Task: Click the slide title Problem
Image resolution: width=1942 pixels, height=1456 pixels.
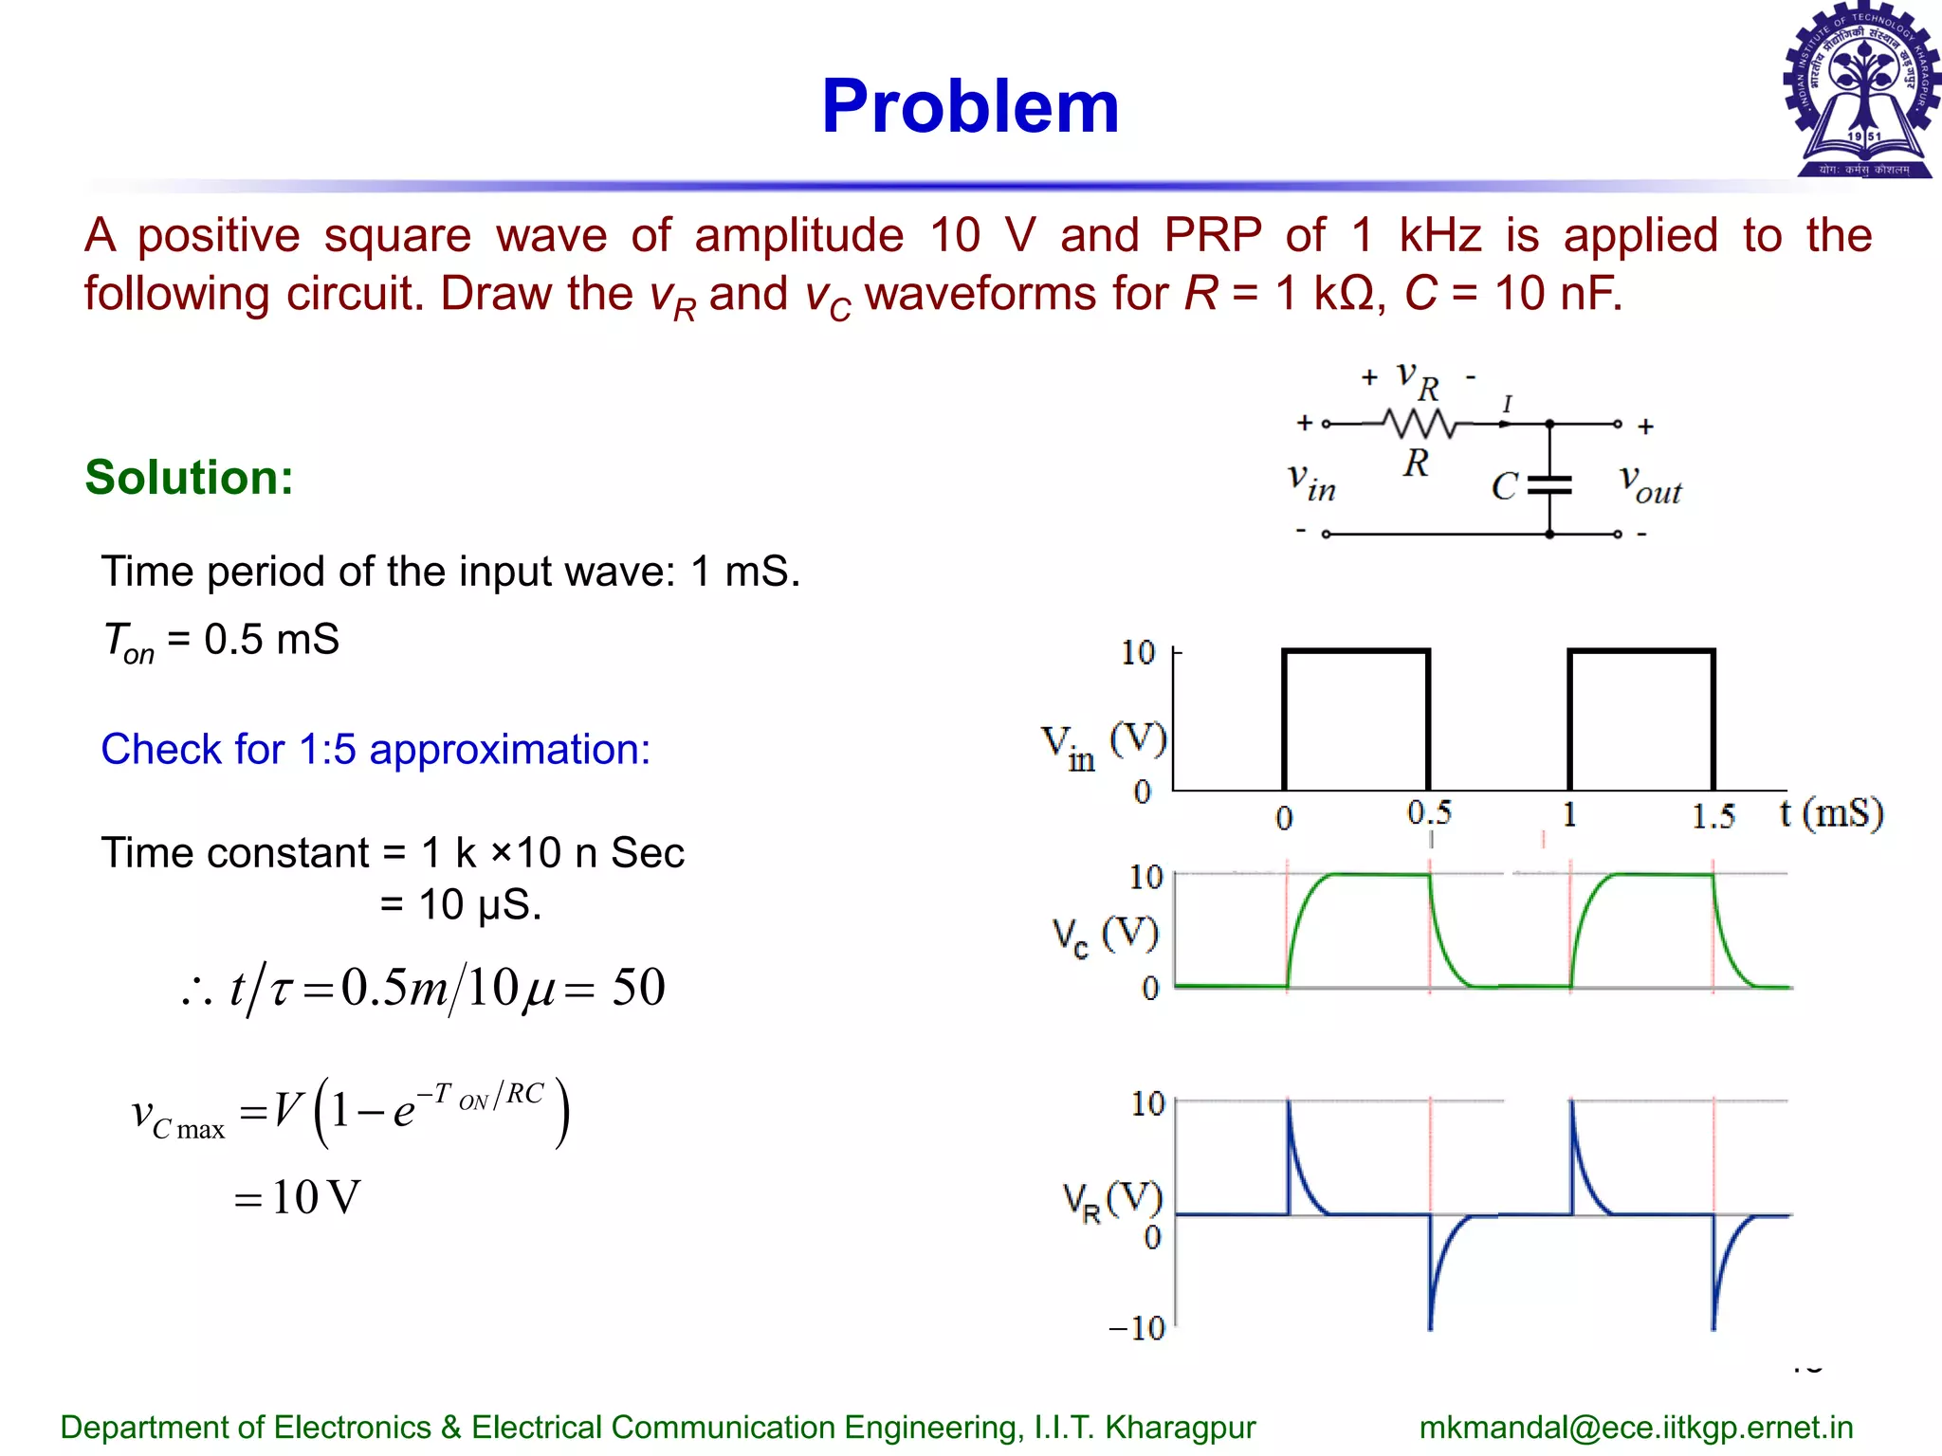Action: pyautogui.click(x=970, y=106)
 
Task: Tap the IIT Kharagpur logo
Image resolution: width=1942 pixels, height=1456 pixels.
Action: pyautogui.click(x=1861, y=91)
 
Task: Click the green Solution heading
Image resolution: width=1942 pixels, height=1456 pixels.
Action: pyautogui.click(x=189, y=477)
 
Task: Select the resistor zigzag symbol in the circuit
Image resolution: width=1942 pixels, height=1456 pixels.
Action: pyautogui.click(x=1420, y=424)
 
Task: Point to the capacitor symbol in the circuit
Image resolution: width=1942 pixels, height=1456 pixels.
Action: pyautogui.click(x=1549, y=485)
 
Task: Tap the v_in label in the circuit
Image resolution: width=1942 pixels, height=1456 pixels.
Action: pyautogui.click(x=1311, y=482)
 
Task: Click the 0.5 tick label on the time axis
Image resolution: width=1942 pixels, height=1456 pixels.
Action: pyautogui.click(x=1429, y=812)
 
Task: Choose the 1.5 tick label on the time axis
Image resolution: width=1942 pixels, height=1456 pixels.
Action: pyautogui.click(x=1713, y=815)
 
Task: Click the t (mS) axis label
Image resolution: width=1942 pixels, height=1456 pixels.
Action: pyautogui.click(x=1830, y=813)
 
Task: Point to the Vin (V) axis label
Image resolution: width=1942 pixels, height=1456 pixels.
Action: pyautogui.click(x=1103, y=746)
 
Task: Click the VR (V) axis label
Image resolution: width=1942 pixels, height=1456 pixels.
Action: pyautogui.click(x=1111, y=1201)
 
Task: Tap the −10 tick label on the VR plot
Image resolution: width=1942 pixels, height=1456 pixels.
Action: pyautogui.click(x=1136, y=1327)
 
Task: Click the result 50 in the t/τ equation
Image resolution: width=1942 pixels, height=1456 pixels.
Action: pyautogui.click(x=638, y=988)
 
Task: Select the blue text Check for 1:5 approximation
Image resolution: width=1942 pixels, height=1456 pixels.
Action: pyautogui.click(x=376, y=749)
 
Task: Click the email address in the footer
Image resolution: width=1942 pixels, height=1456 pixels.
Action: pyautogui.click(x=1636, y=1427)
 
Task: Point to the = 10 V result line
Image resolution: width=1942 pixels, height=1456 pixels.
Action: pyautogui.click(x=298, y=1197)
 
